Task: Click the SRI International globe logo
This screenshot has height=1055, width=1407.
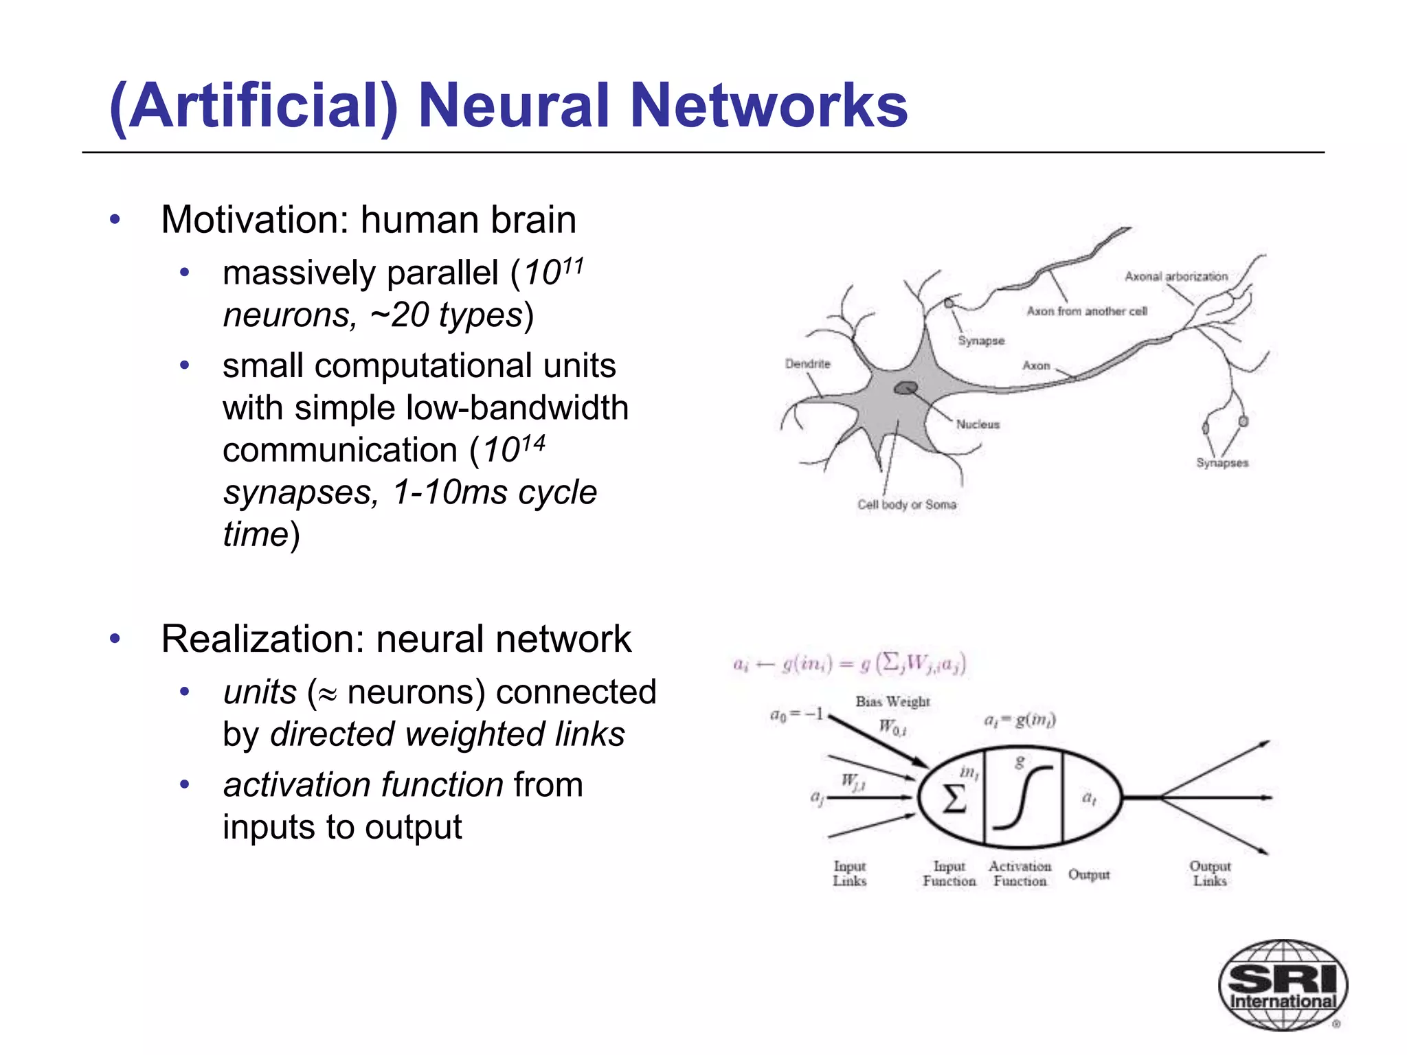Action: (x=1282, y=984)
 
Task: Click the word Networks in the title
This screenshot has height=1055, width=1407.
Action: (x=769, y=106)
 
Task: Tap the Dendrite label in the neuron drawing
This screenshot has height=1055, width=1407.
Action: (x=807, y=363)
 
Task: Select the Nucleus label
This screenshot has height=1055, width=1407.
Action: (x=978, y=424)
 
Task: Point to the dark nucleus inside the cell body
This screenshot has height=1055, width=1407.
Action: (x=906, y=389)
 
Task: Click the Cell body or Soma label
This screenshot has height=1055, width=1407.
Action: (x=906, y=504)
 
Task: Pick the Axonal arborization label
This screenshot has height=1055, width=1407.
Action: (x=1175, y=276)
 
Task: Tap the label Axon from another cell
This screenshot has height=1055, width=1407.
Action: (x=1087, y=311)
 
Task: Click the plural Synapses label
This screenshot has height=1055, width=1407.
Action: (x=1222, y=463)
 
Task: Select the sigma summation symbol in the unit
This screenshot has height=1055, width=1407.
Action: (x=954, y=799)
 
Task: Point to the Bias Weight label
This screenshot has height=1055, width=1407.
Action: (x=892, y=701)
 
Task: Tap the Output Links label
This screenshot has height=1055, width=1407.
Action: (x=1210, y=874)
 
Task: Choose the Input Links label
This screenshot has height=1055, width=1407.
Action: (x=850, y=874)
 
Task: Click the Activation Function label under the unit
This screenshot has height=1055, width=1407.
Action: (x=1020, y=874)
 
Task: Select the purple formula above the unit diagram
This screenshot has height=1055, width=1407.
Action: (x=850, y=663)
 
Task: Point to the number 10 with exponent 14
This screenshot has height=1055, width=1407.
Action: (x=513, y=449)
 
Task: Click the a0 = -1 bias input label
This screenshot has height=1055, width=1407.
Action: (x=796, y=714)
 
